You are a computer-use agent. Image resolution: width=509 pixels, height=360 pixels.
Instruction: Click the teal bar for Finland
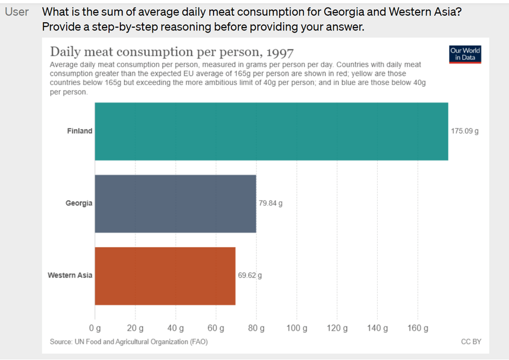(272, 131)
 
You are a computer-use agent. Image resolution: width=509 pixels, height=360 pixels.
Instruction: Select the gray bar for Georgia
(175, 204)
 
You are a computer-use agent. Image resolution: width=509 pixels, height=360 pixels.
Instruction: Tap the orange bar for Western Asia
(165, 276)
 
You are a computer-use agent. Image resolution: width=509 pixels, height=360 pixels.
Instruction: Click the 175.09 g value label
(465, 131)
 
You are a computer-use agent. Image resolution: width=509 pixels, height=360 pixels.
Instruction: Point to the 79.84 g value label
(270, 203)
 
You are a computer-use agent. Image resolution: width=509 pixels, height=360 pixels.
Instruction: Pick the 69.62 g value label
(250, 275)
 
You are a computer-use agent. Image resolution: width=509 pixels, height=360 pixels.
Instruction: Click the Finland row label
(80, 131)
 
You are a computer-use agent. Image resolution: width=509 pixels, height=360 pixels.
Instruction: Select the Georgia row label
(79, 203)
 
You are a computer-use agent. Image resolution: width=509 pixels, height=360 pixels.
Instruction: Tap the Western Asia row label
(70, 275)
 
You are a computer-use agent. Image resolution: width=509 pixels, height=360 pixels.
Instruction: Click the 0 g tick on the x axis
(95, 328)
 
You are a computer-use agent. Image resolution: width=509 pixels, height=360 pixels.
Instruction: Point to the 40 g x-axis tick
(175, 328)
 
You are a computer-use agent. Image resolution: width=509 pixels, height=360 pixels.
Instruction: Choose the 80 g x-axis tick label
(256, 328)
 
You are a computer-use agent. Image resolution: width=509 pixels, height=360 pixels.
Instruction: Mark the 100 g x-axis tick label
(297, 328)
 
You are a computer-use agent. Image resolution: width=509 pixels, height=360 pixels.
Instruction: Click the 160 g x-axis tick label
(418, 328)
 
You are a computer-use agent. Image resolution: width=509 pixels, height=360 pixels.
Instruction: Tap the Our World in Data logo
(465, 54)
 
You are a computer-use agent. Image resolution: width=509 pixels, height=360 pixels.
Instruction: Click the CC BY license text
(471, 342)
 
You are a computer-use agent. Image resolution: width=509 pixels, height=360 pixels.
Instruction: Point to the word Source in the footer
(61, 342)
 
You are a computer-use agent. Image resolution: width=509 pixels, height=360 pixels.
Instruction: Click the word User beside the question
(17, 12)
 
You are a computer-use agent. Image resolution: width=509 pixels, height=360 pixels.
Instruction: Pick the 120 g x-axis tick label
(337, 328)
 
